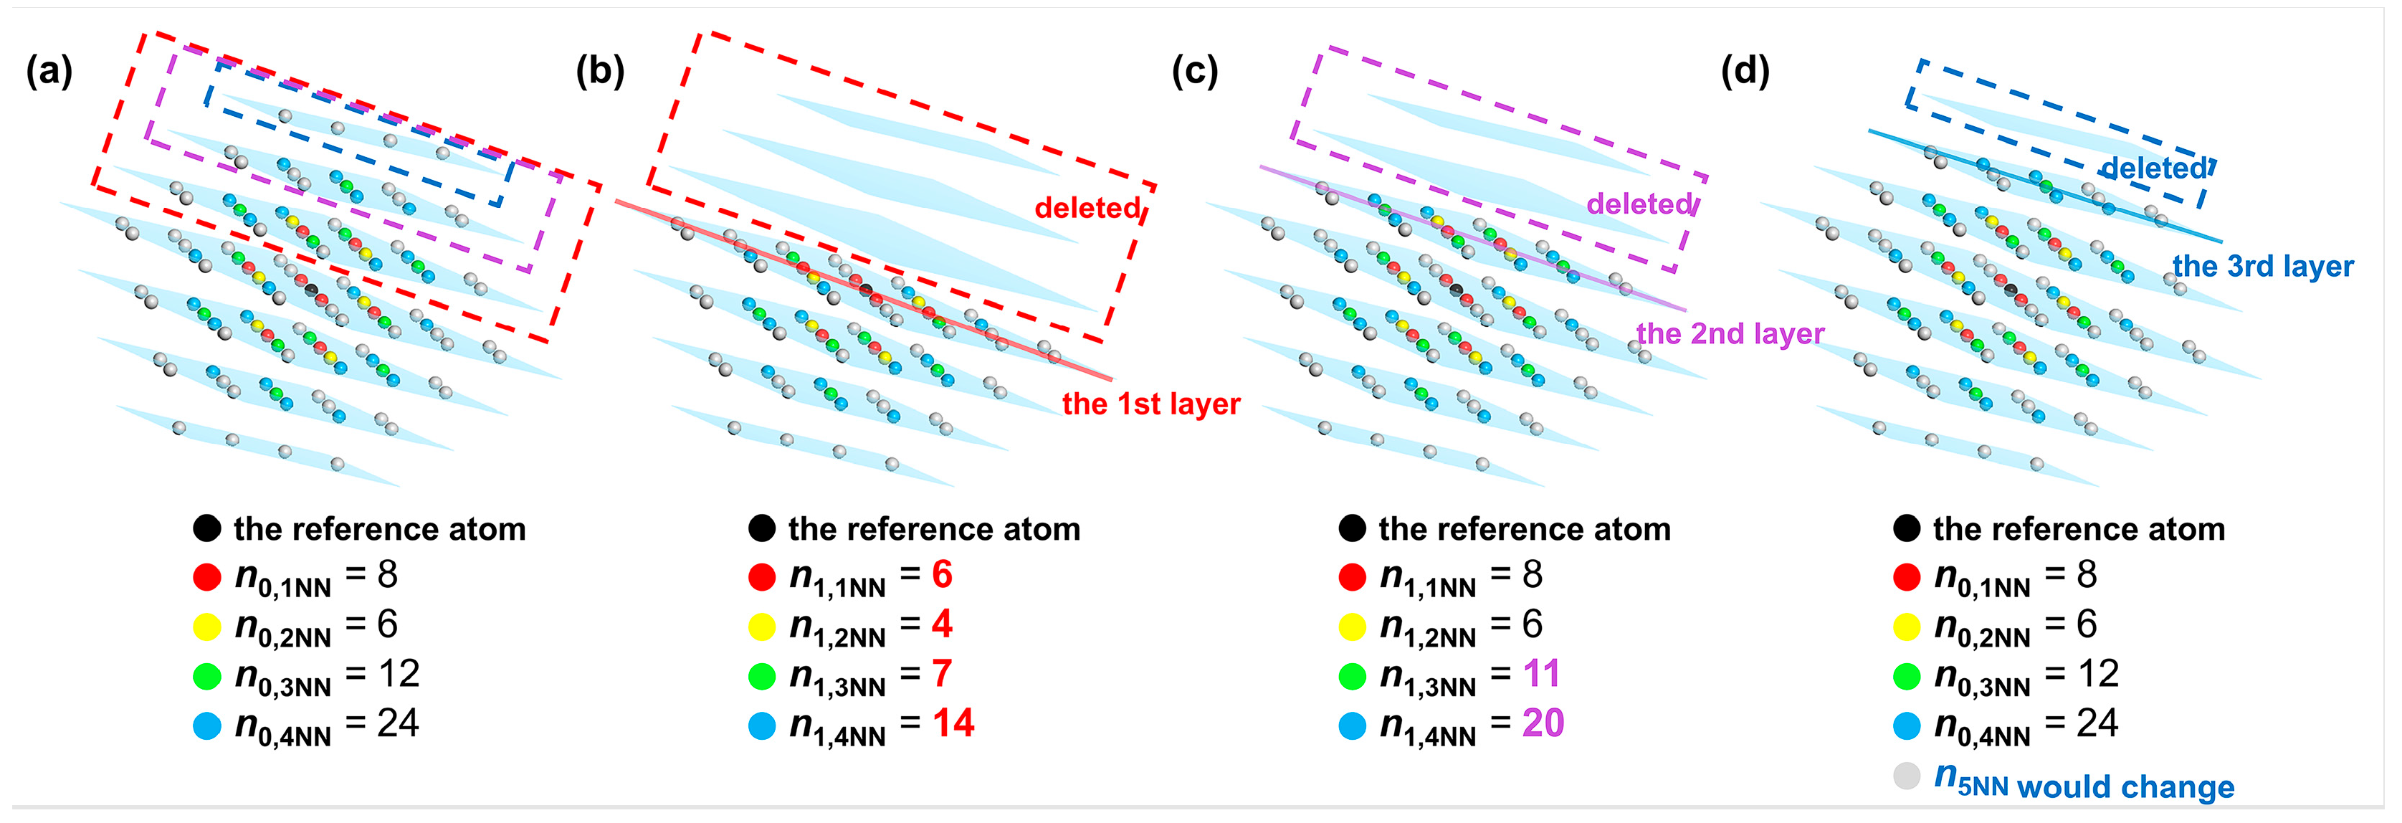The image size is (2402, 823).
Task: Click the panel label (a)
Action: [49, 71]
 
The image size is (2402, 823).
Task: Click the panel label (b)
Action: [599, 71]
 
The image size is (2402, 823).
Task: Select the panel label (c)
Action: [1194, 71]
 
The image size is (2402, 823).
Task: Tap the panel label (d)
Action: [1745, 71]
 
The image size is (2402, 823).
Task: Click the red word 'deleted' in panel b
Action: [1087, 207]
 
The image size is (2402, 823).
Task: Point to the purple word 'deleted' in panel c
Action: [1639, 204]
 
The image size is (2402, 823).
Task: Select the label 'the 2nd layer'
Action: [1730, 333]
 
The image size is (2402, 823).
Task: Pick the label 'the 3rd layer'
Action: [2262, 266]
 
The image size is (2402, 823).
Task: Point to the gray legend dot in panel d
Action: [1907, 776]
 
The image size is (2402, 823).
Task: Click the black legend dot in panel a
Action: [207, 528]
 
